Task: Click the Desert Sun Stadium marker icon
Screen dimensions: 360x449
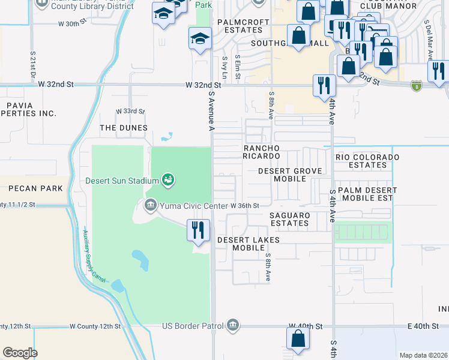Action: (x=168, y=179)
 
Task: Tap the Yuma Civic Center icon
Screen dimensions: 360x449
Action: (x=150, y=206)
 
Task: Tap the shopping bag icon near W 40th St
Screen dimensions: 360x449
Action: (x=298, y=338)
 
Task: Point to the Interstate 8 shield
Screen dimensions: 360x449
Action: (x=416, y=86)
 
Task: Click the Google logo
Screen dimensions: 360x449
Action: (x=20, y=352)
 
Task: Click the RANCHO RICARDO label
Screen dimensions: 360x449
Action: (x=261, y=152)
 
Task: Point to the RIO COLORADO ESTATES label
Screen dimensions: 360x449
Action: (x=367, y=161)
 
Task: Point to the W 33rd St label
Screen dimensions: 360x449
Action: (x=130, y=111)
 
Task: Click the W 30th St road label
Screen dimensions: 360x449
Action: (x=73, y=24)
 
